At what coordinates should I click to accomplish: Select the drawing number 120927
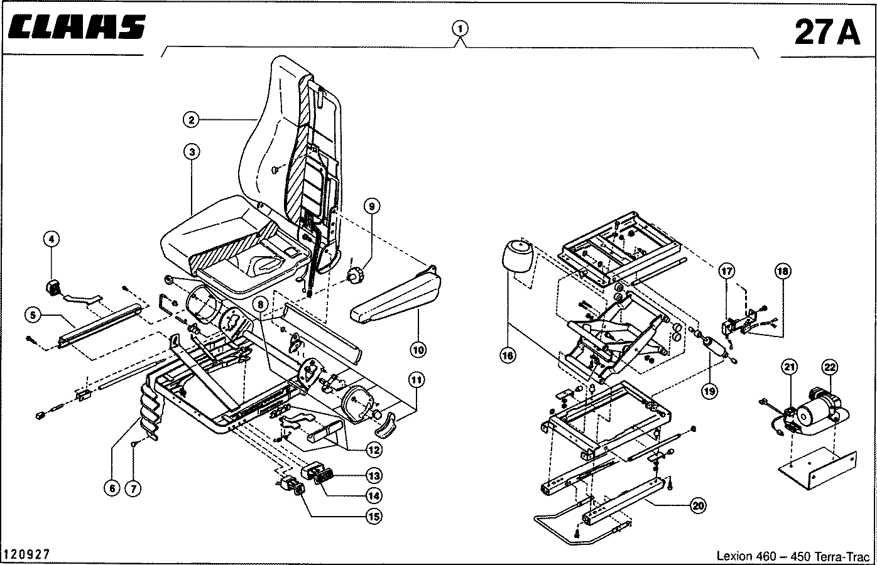click(26, 554)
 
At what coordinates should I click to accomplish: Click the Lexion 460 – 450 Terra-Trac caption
click(794, 556)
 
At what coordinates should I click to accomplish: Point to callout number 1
click(460, 28)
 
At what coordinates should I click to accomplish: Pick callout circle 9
click(371, 207)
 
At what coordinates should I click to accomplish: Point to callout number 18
click(783, 272)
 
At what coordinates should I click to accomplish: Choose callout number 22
click(830, 367)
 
